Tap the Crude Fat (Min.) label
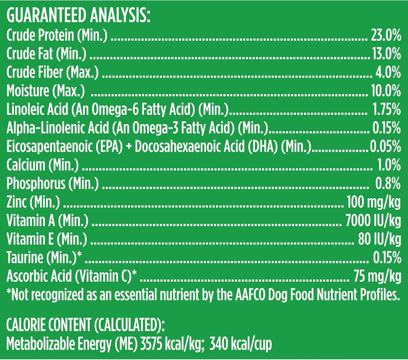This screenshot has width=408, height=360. click(46, 52)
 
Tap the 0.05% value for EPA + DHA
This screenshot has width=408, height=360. click(385, 147)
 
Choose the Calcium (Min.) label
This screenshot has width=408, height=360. click(43, 166)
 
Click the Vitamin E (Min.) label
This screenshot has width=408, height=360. click(47, 240)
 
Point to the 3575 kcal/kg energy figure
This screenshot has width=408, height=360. click(191, 343)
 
